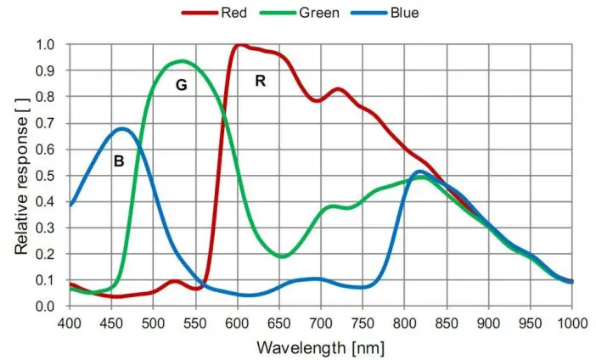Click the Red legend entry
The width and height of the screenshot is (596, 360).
[222, 13]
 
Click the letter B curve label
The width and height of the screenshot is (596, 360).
[119, 160]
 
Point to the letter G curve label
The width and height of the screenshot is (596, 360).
[181, 85]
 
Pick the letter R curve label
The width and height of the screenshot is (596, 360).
[261, 81]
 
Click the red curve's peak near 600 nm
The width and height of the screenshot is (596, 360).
[240, 44]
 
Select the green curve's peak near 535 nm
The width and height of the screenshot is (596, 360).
[182, 61]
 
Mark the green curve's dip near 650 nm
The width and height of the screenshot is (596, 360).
[282, 256]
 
